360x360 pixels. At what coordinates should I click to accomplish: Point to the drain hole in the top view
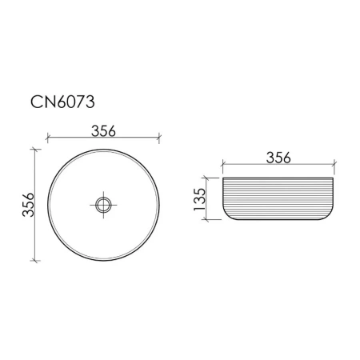coord(103,206)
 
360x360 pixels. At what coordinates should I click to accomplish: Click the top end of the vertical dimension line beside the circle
coord(36,150)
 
